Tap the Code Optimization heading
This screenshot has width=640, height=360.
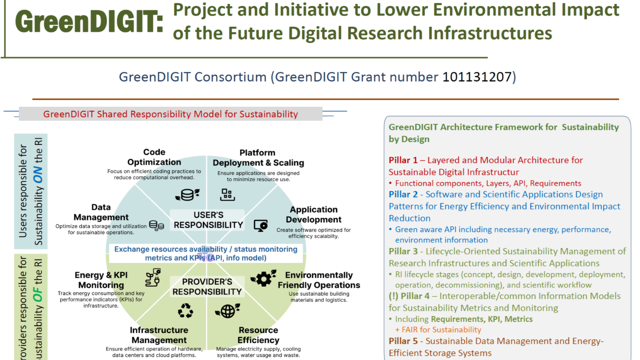154,157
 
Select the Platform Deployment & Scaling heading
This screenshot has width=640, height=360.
258,157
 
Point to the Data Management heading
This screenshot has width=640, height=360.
101,212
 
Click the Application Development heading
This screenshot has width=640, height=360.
313,214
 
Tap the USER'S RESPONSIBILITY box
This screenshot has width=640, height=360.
208,220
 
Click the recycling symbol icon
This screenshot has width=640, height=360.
185,311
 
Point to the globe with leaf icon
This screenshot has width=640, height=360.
227,311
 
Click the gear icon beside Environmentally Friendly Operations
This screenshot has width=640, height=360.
263,278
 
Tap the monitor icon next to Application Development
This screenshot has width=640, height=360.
260,225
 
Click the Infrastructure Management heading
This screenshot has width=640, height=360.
158,335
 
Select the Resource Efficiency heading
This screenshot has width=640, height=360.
258,335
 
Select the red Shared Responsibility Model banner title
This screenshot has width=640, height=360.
170,113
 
